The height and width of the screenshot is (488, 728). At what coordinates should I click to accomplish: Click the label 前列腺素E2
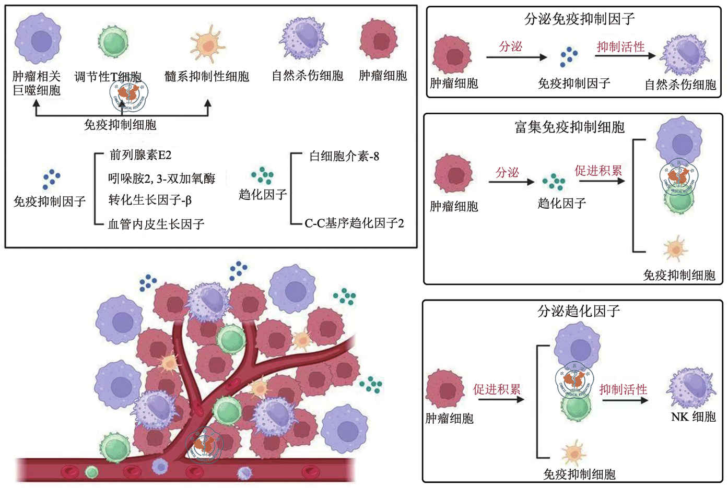pyautogui.click(x=140, y=155)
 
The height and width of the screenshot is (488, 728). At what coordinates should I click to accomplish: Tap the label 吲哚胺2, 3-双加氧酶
pyautogui.click(x=161, y=178)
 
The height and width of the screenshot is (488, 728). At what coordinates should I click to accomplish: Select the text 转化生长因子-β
pyautogui.click(x=150, y=200)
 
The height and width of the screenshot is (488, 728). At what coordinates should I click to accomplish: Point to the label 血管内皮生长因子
pyautogui.click(x=156, y=224)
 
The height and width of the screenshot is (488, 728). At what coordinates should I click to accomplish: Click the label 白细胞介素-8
pyautogui.click(x=344, y=156)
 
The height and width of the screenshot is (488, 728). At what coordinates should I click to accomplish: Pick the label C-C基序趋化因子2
pyautogui.click(x=354, y=223)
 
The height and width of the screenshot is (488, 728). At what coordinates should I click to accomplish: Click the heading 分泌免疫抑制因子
pyautogui.click(x=579, y=20)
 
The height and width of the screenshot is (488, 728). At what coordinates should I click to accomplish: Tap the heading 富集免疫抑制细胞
pyautogui.click(x=569, y=127)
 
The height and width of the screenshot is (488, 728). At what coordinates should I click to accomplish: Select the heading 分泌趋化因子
pyautogui.click(x=579, y=312)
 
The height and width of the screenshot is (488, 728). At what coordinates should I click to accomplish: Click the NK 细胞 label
pyautogui.click(x=693, y=417)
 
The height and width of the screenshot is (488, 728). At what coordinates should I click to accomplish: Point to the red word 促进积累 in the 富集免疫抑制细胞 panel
pyautogui.click(x=598, y=171)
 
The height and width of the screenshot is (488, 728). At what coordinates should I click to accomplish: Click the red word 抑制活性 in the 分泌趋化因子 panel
pyautogui.click(x=623, y=389)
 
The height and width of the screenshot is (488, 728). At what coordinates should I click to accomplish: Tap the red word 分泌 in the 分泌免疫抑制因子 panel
pyautogui.click(x=510, y=47)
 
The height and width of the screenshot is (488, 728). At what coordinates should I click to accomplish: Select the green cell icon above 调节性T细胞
pyautogui.click(x=113, y=42)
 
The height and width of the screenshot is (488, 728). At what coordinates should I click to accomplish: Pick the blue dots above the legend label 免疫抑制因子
pyautogui.click(x=51, y=178)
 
